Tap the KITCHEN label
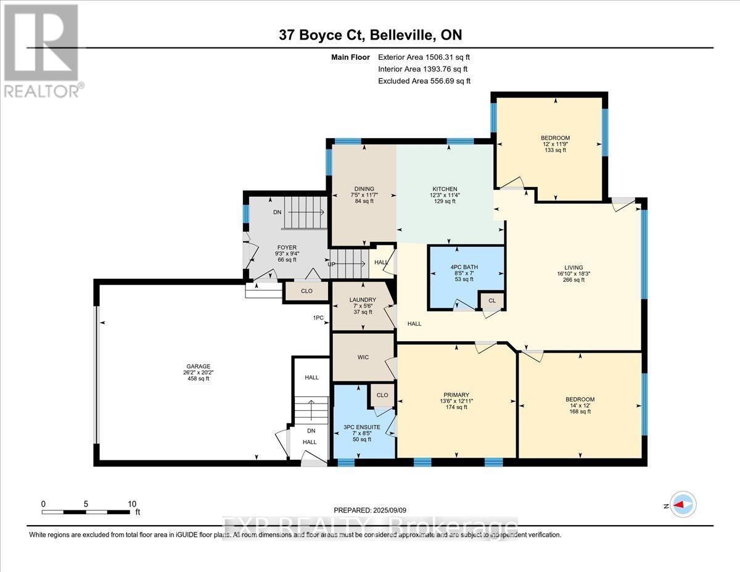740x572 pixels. pos(444,189)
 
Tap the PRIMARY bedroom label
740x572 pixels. pos(456,395)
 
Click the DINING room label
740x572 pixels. pos(364,189)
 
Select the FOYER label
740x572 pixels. pos(286,247)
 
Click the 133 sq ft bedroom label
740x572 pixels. pos(555,138)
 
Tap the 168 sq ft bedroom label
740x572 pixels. pos(580,399)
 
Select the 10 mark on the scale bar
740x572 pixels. pos(132,504)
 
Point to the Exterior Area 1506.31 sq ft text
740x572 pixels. pos(424,57)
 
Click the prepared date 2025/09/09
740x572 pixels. pos(370,510)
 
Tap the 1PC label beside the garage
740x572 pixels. pos(318,318)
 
